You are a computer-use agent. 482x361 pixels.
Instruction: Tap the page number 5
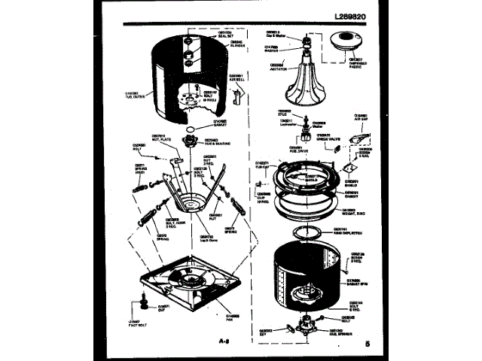[x=367, y=344]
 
